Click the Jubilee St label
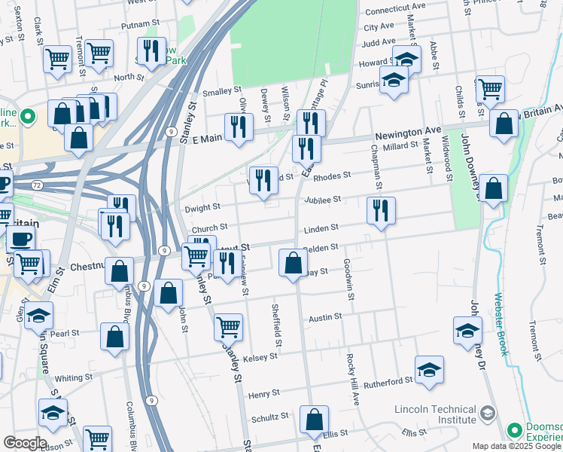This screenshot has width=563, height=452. tap(324, 200)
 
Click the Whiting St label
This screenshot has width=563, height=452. tap(73, 377)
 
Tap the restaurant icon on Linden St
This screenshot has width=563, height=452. tap(381, 210)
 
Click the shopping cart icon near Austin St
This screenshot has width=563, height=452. tap(228, 326)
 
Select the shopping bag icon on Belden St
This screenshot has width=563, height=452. tap(293, 263)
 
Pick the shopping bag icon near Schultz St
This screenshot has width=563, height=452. tap(314, 419)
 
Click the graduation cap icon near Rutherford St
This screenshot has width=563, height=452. tap(429, 369)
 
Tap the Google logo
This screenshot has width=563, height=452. tap(24, 443)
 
